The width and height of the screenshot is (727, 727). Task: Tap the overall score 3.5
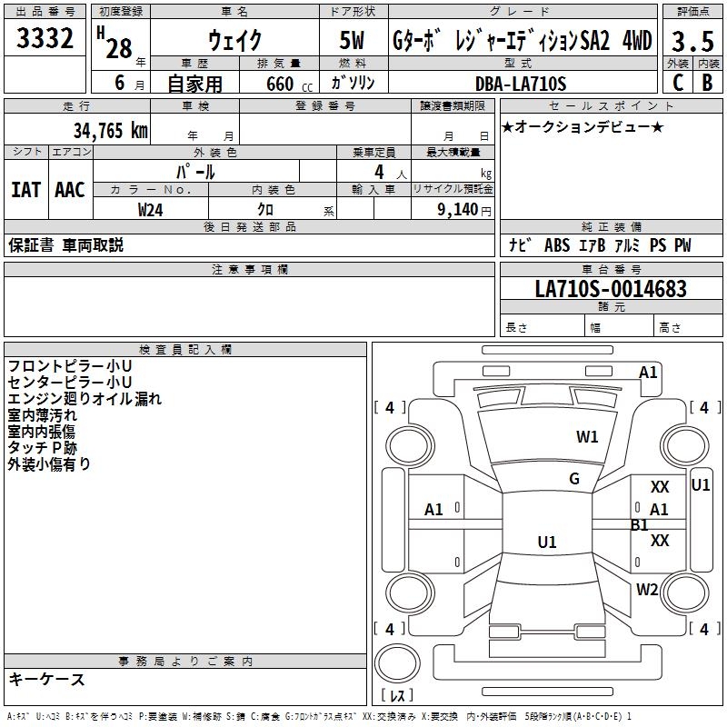tap(692, 42)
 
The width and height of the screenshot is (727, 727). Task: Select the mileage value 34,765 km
tap(110, 131)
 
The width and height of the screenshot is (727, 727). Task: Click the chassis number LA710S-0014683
tap(611, 289)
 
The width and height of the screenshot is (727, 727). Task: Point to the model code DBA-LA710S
tap(520, 84)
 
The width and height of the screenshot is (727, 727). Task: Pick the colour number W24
tap(150, 209)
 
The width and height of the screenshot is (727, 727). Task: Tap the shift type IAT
tap(25, 189)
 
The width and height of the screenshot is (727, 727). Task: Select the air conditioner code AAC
tap(70, 189)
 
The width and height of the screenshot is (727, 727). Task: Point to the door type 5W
tap(353, 41)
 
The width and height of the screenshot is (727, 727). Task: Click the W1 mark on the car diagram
tap(587, 437)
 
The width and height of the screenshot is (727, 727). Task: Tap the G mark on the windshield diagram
tap(574, 479)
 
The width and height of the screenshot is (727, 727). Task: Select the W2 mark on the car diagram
tap(647, 589)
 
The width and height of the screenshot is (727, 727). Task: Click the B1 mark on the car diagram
tap(640, 525)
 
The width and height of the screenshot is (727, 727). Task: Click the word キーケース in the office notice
tap(46, 680)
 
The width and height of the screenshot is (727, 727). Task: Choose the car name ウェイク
tap(234, 41)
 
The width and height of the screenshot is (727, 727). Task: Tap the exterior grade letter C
tap(677, 83)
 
